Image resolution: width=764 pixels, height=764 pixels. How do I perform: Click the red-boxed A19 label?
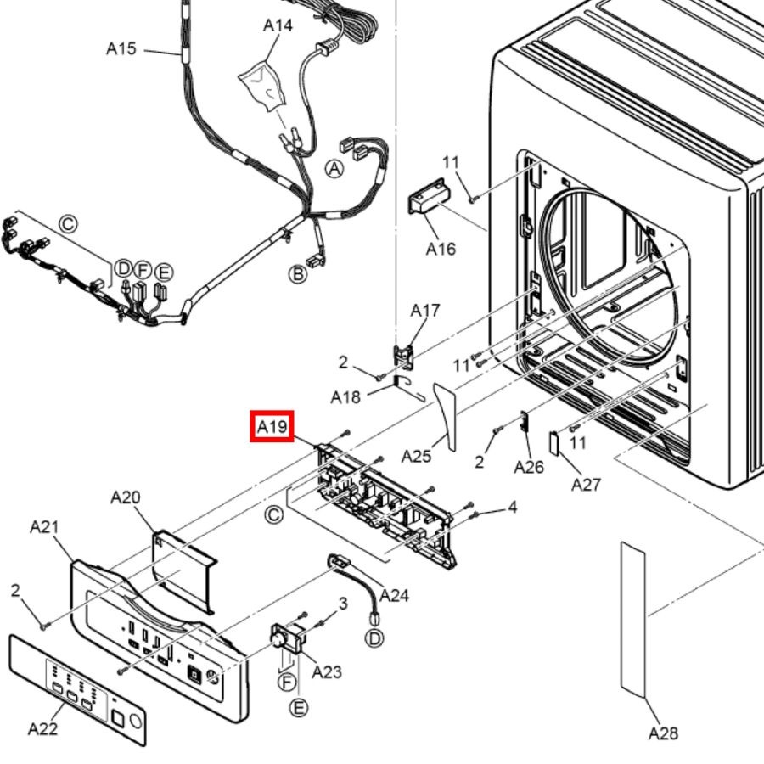(x=272, y=426)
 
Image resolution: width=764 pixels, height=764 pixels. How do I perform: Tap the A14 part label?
(x=278, y=25)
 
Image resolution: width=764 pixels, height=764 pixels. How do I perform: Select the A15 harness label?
(x=121, y=48)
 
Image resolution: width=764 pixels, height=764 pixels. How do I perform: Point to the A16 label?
(x=441, y=249)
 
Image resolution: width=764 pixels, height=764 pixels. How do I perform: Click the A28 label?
(x=663, y=733)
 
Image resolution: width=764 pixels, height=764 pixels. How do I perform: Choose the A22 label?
(x=43, y=729)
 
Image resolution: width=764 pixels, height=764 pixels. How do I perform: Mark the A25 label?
(x=416, y=457)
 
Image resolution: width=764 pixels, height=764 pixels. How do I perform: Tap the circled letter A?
(x=334, y=169)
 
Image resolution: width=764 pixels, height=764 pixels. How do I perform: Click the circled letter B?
(x=298, y=274)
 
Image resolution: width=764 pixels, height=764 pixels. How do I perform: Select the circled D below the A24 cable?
(x=374, y=638)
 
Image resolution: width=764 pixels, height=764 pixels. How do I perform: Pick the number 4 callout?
(x=512, y=508)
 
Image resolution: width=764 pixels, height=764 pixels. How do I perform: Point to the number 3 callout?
(x=343, y=604)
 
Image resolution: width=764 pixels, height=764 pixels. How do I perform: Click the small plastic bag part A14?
(x=261, y=86)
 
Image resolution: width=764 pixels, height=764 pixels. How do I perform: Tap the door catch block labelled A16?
(x=430, y=196)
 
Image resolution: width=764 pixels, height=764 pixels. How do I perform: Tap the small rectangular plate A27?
(x=554, y=442)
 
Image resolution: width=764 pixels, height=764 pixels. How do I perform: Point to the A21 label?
(x=44, y=526)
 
